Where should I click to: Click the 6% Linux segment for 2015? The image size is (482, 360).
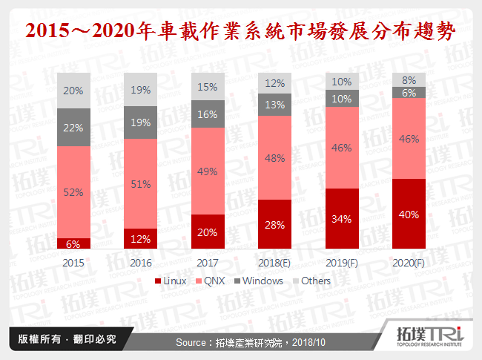click(73, 243)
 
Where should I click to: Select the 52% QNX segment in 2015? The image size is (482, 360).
click(73, 192)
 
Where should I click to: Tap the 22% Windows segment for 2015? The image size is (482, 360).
click(73, 127)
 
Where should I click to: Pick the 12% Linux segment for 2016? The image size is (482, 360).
click(140, 238)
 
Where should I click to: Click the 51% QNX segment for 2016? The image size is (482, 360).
click(140, 183)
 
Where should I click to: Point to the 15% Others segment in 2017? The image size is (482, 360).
click(208, 88)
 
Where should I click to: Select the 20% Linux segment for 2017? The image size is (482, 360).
click(208, 232)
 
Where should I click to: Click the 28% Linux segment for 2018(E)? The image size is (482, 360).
click(274, 224)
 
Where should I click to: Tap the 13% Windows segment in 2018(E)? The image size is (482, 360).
click(274, 105)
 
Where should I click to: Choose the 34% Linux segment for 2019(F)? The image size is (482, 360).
click(341, 218)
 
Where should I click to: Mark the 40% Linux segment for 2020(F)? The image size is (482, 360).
click(409, 214)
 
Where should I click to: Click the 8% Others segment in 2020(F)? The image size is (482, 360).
click(409, 79)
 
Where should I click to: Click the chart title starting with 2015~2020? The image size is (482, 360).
click(240, 32)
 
